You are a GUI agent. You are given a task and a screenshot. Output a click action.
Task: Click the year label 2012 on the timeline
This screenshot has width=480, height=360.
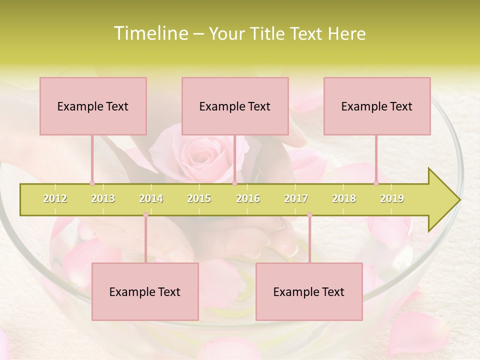point(55,198)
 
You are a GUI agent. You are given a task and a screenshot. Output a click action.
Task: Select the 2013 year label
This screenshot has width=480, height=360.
point(103,198)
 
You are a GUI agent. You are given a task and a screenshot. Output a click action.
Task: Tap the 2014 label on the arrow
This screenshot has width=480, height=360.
point(151,198)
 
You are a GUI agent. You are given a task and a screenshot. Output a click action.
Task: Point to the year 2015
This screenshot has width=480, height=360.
point(199,198)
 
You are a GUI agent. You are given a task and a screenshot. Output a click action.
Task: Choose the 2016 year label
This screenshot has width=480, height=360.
point(248,198)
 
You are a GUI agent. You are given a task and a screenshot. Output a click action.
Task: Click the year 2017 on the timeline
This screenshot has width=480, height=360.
point(296,198)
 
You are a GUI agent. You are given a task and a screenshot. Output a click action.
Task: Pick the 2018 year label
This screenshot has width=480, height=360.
point(344,198)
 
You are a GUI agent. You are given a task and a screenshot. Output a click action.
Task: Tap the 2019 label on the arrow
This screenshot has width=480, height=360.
point(392,198)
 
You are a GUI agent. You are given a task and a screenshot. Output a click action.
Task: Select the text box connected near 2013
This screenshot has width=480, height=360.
point(93,106)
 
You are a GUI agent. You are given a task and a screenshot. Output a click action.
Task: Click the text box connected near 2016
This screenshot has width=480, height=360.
point(235,106)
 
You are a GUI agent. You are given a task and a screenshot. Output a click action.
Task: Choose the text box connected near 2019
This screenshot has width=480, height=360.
point(377,106)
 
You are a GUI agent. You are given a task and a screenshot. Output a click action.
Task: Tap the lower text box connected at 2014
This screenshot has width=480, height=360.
point(145,291)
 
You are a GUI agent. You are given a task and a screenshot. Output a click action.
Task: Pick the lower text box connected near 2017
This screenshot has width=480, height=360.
point(309,291)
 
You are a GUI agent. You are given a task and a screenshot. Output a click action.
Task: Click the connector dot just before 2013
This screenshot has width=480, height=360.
point(92,183)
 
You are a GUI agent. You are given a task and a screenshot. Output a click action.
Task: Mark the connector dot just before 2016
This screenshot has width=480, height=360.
point(234,183)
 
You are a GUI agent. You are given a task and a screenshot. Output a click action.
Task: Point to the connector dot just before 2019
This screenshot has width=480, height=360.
point(376,183)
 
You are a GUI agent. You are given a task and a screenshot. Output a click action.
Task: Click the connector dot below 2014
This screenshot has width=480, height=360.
point(145,215)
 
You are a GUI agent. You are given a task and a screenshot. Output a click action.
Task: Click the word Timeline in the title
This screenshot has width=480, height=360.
point(150,33)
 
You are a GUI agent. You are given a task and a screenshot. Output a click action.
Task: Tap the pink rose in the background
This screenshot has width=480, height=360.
point(200,152)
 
